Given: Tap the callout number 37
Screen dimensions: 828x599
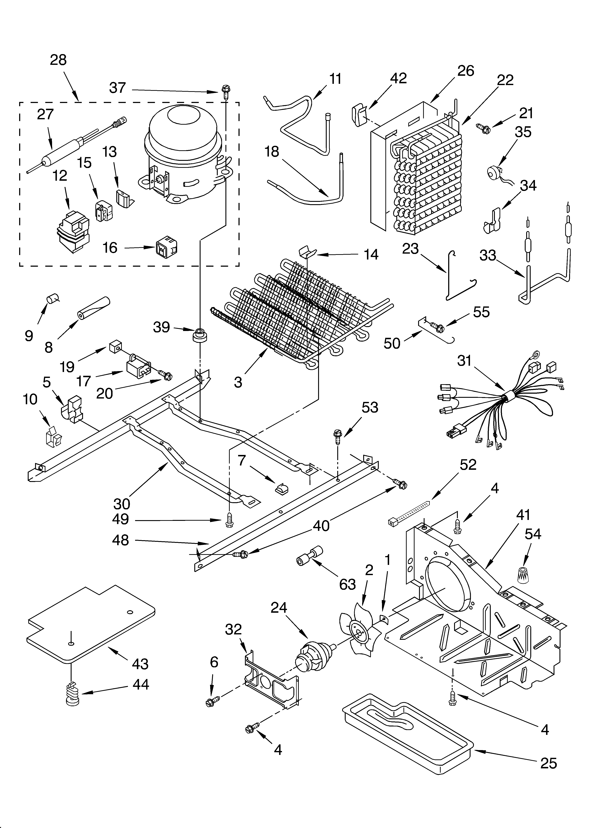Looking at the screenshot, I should tap(118, 88).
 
